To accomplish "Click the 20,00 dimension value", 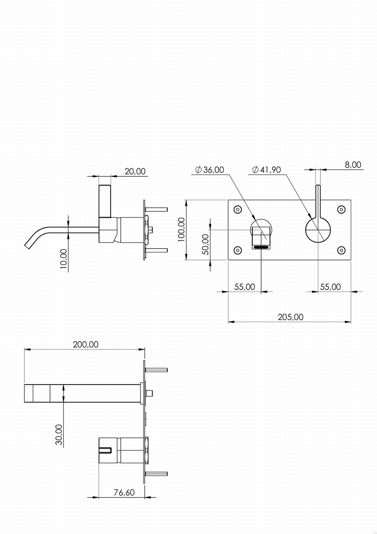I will [x=135, y=171].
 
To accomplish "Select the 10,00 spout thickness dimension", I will [x=64, y=259].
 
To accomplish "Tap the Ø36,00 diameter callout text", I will [x=210, y=170].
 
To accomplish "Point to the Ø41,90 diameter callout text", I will [x=267, y=170].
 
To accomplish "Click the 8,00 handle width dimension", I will [x=353, y=165].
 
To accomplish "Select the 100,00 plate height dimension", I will [x=181, y=230].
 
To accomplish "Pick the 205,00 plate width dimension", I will [x=290, y=317].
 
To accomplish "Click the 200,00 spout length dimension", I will [x=86, y=345].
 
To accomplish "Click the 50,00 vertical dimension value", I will [x=206, y=244].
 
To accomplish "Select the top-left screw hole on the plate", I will [x=238, y=209].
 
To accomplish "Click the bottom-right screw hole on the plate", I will [x=341, y=250].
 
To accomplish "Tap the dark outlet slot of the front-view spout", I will [x=261, y=247].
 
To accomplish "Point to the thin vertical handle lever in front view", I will [x=318, y=201].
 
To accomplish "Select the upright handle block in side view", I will [x=105, y=201].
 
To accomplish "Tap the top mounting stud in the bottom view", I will [x=156, y=370].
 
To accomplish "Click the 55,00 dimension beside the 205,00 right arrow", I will [x=330, y=287].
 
